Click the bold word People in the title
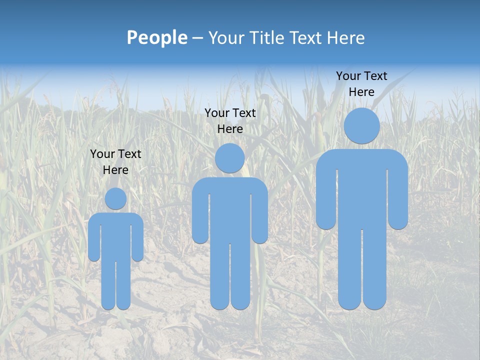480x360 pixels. [157, 38]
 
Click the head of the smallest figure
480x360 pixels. [115, 198]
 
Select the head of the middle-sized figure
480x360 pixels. [230, 158]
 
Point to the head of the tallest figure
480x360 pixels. [362, 125]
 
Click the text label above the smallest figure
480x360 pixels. [115, 162]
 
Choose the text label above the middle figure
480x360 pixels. [230, 121]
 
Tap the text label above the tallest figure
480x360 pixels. [361, 84]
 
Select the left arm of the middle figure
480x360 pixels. [200, 215]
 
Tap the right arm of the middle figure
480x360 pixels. [260, 215]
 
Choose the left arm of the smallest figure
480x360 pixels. [94, 240]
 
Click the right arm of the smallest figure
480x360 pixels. [137, 240]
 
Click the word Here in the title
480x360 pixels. [345, 38]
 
